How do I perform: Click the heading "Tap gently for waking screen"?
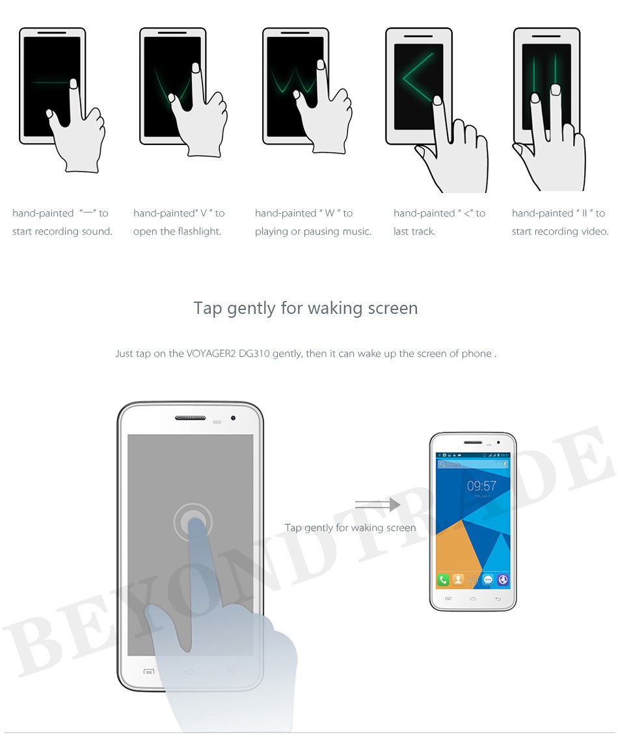pyautogui.click(x=306, y=308)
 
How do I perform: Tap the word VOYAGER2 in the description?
pyautogui.click(x=211, y=354)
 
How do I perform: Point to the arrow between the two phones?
pyautogui.click(x=378, y=505)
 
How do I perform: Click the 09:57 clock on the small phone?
pyautogui.click(x=481, y=485)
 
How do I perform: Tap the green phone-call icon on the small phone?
pyautogui.click(x=443, y=580)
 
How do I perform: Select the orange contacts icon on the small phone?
pyautogui.click(x=458, y=580)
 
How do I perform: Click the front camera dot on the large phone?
pyautogui.click(x=233, y=418)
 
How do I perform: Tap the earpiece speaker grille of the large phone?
pyautogui.click(x=190, y=418)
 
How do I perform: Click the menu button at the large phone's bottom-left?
pyautogui.click(x=148, y=671)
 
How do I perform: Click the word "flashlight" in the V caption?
pyautogui.click(x=198, y=231)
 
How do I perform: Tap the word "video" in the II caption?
pyautogui.click(x=593, y=231)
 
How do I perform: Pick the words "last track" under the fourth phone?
pyautogui.click(x=414, y=231)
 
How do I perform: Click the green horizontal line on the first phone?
pyautogui.click(x=51, y=83)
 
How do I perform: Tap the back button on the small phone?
pyautogui.click(x=498, y=599)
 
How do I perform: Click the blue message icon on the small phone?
pyautogui.click(x=488, y=580)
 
